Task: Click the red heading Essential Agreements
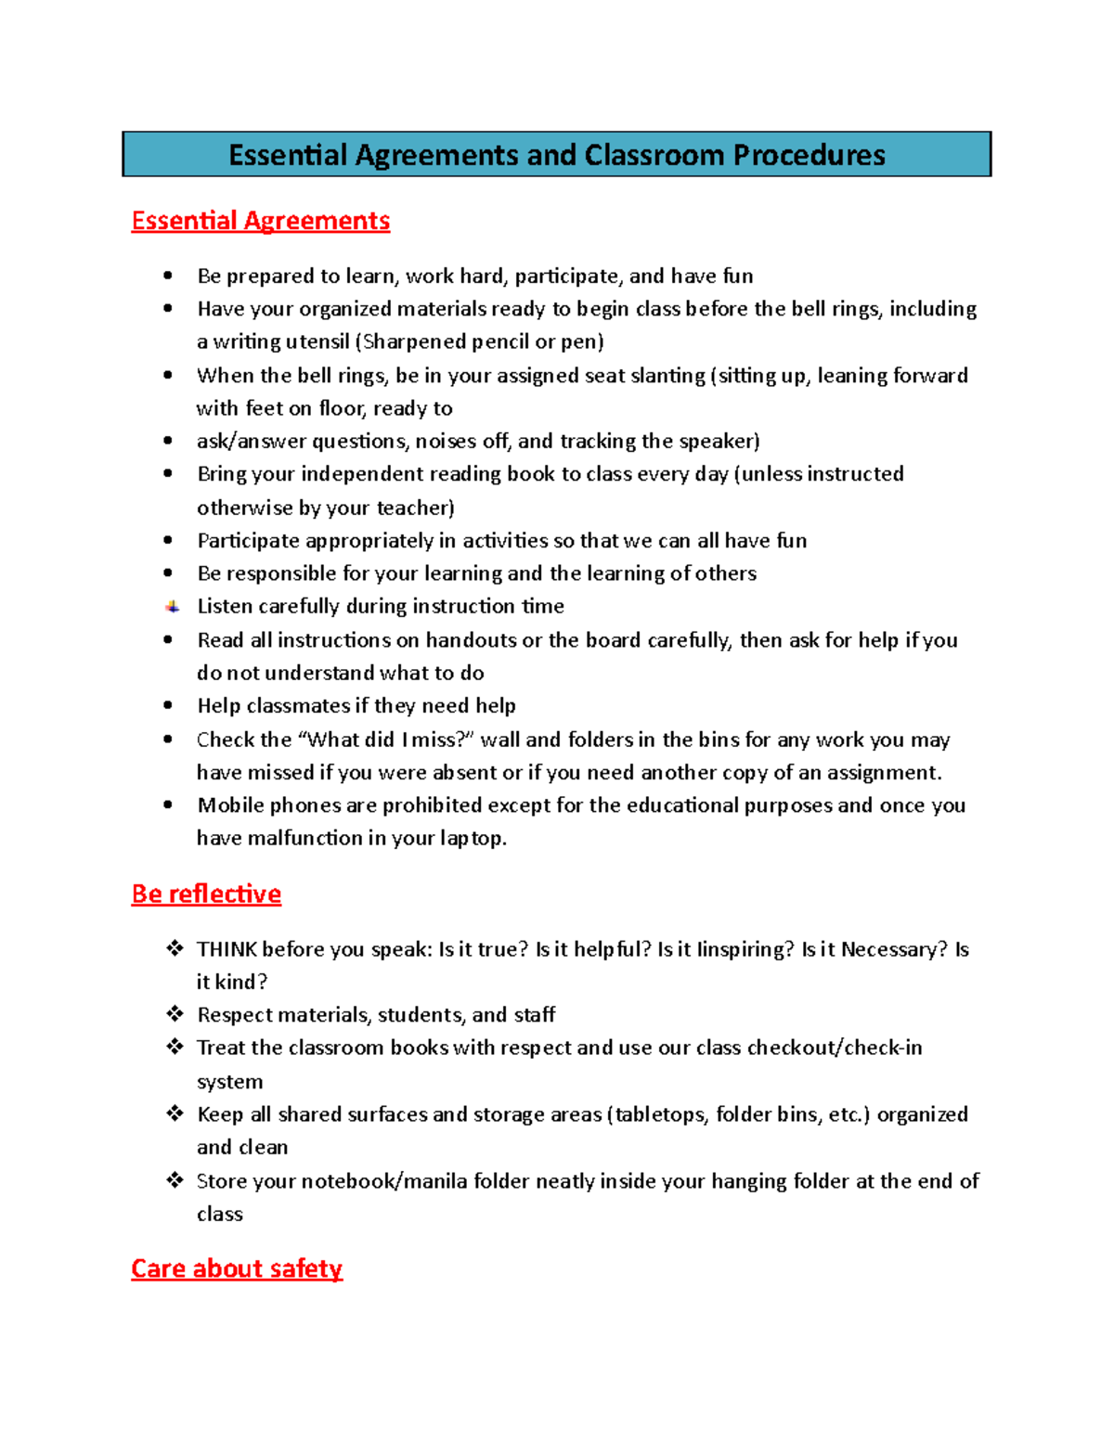point(261,221)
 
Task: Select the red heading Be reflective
point(206,894)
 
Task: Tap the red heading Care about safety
point(237,1268)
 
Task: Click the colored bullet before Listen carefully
point(173,607)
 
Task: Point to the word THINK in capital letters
point(227,949)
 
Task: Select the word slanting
point(667,376)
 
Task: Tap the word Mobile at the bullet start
point(230,805)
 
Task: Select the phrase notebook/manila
point(384,1181)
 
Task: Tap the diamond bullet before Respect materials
point(175,1013)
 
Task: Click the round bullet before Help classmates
point(168,706)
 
